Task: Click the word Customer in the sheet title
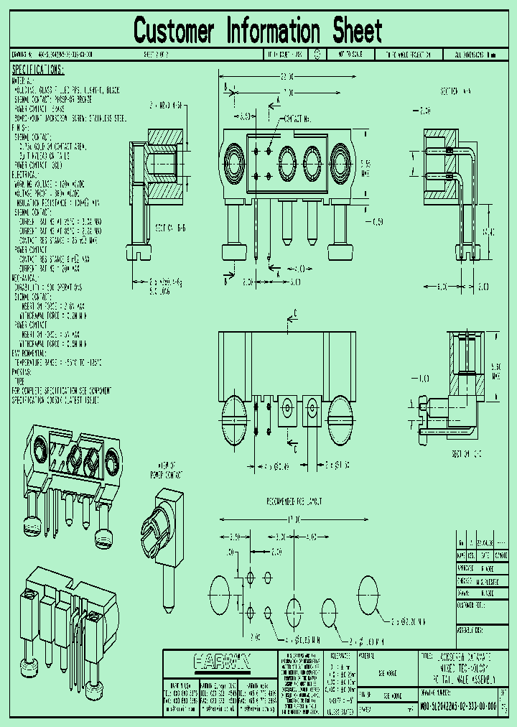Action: pyautogui.click(x=174, y=32)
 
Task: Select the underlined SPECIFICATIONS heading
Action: pyautogui.click(x=38, y=70)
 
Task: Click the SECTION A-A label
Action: pyautogui.click(x=456, y=91)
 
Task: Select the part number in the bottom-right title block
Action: pyautogui.click(x=458, y=706)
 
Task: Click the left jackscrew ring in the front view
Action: pyautogui.click(x=233, y=158)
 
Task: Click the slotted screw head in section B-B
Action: pyautogui.click(x=139, y=253)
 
